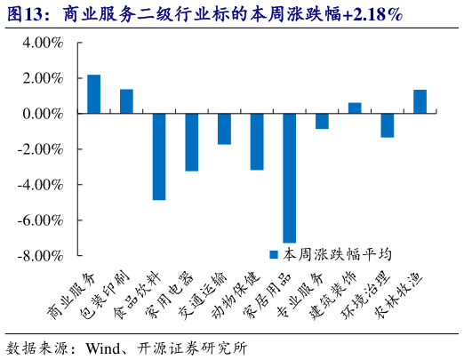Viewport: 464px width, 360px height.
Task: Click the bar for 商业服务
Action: [x=93, y=94]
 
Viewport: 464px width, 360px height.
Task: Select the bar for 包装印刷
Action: [x=126, y=101]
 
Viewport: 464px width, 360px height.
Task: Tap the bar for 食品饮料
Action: [x=159, y=156]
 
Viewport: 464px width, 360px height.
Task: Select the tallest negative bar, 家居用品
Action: [x=289, y=178]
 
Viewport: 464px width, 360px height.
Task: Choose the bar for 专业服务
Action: [x=322, y=121]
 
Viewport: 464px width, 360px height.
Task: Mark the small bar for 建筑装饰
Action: [x=355, y=108]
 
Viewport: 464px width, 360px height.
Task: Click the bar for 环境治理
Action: [x=387, y=125]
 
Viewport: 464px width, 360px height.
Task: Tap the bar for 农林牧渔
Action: [x=420, y=101]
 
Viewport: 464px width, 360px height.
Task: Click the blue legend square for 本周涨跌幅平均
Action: [x=275, y=253]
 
